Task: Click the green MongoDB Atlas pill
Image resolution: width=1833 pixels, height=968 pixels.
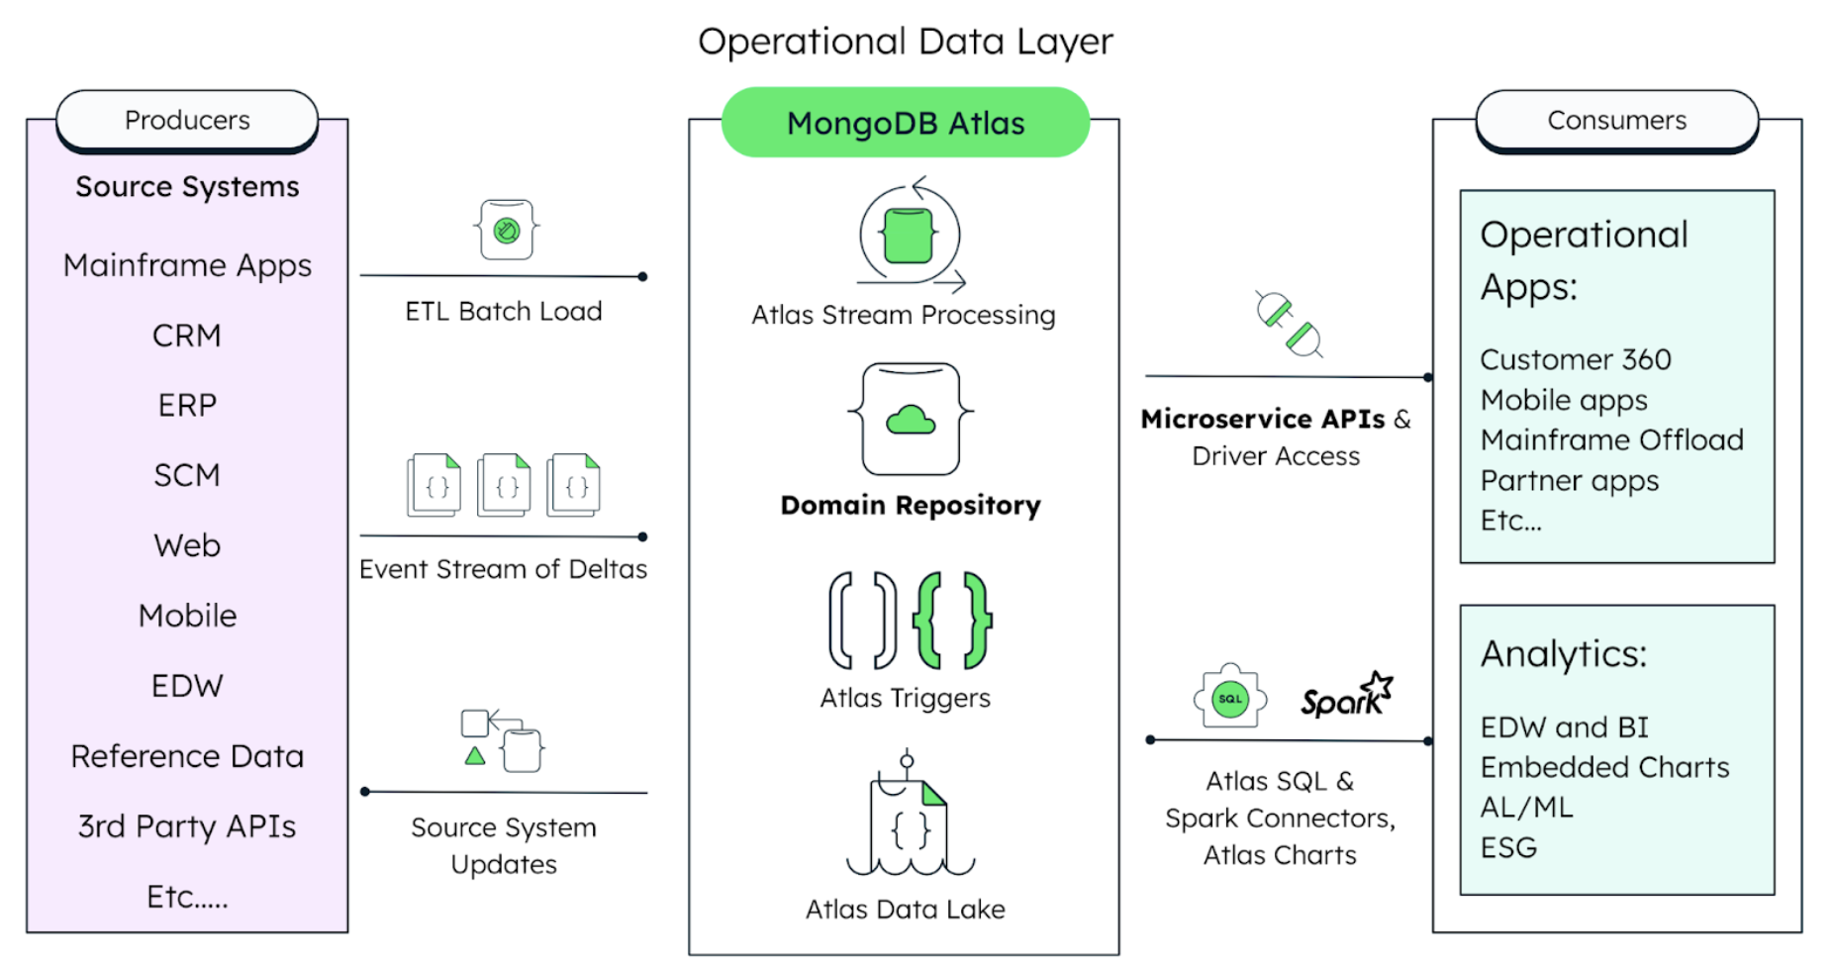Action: pos(905,123)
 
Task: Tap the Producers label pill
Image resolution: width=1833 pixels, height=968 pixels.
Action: pos(187,120)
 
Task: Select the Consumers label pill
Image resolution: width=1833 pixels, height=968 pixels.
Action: pos(1616,120)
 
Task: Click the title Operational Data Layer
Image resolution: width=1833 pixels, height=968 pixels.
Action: pos(905,42)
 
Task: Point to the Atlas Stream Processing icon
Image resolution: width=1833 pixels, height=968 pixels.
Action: pos(910,236)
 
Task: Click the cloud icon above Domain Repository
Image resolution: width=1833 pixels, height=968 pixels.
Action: pos(911,420)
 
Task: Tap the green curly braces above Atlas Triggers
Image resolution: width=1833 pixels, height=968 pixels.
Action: pos(952,621)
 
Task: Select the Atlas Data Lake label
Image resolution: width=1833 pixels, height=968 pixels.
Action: pos(905,909)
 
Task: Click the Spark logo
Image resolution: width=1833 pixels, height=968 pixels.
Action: pos(1346,696)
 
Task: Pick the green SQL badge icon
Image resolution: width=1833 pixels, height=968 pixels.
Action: pos(1229,698)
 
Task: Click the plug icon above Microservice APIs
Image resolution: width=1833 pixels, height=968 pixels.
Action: pos(1289,325)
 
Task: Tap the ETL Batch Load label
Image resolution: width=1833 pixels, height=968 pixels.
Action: pos(503,311)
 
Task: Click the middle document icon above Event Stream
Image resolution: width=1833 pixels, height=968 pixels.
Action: pos(505,485)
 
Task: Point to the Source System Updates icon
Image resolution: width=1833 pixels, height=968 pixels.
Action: pos(503,740)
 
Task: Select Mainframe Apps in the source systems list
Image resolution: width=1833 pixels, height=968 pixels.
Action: pos(187,265)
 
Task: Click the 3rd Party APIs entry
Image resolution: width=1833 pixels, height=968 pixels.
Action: pos(187,825)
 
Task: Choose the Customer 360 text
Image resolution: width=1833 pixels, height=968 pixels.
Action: pos(1575,359)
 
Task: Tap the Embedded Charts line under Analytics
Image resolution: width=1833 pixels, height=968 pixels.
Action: pos(1604,767)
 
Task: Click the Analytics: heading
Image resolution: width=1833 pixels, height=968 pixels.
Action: pos(1563,654)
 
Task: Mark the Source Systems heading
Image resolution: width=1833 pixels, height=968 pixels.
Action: pos(187,186)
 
